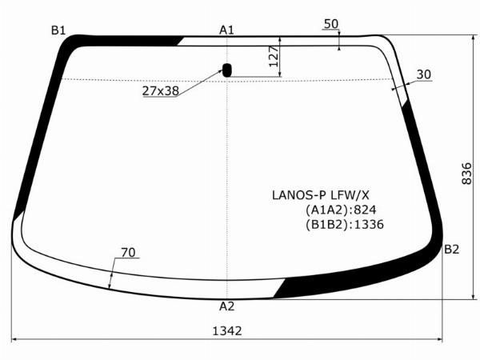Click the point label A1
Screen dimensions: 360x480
226,30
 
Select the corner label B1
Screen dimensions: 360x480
58,30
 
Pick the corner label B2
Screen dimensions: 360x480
452,250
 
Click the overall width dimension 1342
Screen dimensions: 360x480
227,330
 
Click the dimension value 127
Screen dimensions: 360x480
273,56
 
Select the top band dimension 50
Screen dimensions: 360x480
330,24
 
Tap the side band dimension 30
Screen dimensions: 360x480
424,74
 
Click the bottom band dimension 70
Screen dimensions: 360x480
128,253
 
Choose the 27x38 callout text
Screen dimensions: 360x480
161,91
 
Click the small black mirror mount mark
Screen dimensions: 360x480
227,70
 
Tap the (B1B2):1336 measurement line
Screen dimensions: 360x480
345,225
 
